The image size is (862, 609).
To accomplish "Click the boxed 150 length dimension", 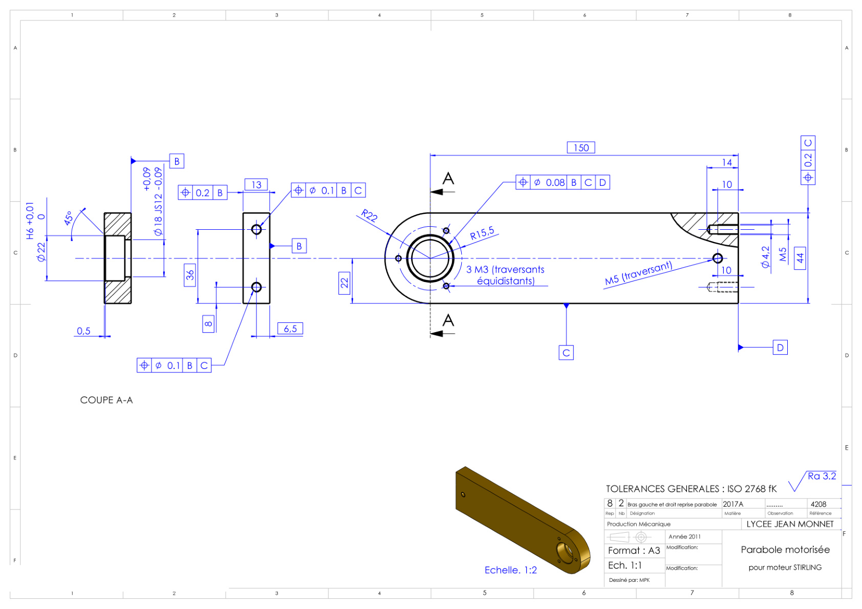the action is [581, 148].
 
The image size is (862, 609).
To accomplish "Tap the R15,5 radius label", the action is [482, 233].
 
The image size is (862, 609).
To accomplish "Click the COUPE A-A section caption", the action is [106, 401].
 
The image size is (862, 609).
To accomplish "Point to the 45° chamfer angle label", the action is [68, 218].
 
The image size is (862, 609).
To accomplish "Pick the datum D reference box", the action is [781, 348].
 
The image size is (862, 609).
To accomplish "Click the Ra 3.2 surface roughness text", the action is [822, 476].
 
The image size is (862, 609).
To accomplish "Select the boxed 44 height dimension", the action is [800, 258].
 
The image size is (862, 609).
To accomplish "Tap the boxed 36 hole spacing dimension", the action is [190, 275].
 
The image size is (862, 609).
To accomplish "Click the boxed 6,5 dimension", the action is [291, 329].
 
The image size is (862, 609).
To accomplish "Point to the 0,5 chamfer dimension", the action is [83, 331].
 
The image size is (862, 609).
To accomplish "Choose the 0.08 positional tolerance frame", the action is [563, 182].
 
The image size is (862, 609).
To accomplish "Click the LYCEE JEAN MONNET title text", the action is [790, 525].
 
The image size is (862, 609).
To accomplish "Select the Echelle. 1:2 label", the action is [511, 570].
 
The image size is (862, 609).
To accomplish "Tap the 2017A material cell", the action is [733, 505].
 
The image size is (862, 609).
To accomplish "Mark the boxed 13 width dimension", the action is [256, 185].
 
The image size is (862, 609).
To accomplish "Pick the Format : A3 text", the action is [634, 551].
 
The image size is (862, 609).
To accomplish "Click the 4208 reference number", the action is [818, 505].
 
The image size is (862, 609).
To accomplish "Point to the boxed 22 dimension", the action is [344, 284].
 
